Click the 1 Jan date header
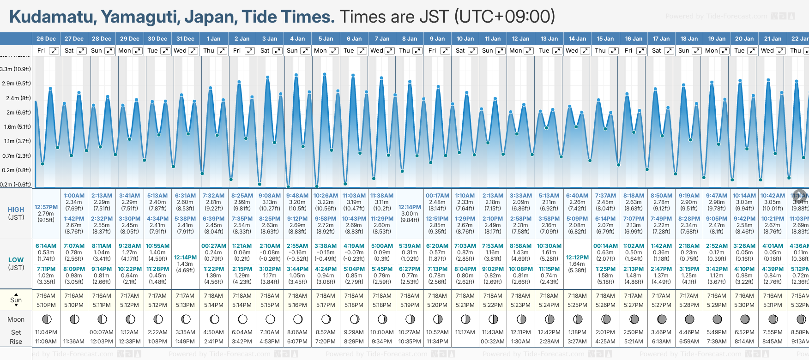click(x=213, y=39)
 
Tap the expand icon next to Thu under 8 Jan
click(x=417, y=51)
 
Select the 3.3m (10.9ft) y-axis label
click(x=16, y=69)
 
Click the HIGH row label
click(x=16, y=210)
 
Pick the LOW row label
click(x=16, y=260)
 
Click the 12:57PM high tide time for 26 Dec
click(x=46, y=207)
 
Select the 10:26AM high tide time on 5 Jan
click(x=326, y=196)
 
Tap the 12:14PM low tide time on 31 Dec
click(x=185, y=258)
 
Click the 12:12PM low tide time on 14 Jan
click(x=577, y=258)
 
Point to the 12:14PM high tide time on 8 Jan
click(x=410, y=207)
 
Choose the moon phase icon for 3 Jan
click(x=270, y=319)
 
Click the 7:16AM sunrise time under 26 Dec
click(x=46, y=296)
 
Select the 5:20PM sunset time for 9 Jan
click(x=437, y=305)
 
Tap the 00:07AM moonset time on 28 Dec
click(x=102, y=332)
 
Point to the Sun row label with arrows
click(x=16, y=300)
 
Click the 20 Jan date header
click(x=744, y=39)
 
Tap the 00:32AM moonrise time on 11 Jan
click(x=493, y=342)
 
